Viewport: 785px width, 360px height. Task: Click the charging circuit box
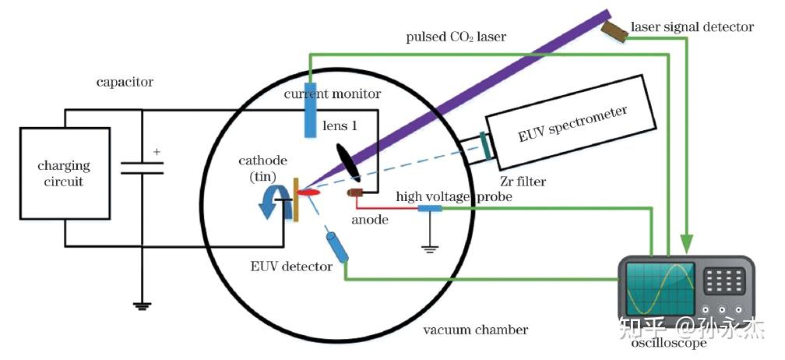tap(64, 173)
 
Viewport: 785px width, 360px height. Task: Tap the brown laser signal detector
tap(615, 30)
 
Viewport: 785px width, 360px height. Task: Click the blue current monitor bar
tap(309, 109)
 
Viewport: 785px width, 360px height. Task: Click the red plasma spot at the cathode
tap(309, 192)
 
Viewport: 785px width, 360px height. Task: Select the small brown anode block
tap(356, 192)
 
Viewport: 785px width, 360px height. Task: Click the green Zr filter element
tap(486, 146)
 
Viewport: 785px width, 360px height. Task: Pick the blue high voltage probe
tap(430, 208)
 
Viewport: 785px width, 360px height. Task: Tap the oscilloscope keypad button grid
tap(723, 278)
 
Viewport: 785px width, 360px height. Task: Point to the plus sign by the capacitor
tap(157, 152)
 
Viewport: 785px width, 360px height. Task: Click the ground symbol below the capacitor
tap(142, 305)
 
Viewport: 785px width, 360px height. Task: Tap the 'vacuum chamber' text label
tap(475, 330)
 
